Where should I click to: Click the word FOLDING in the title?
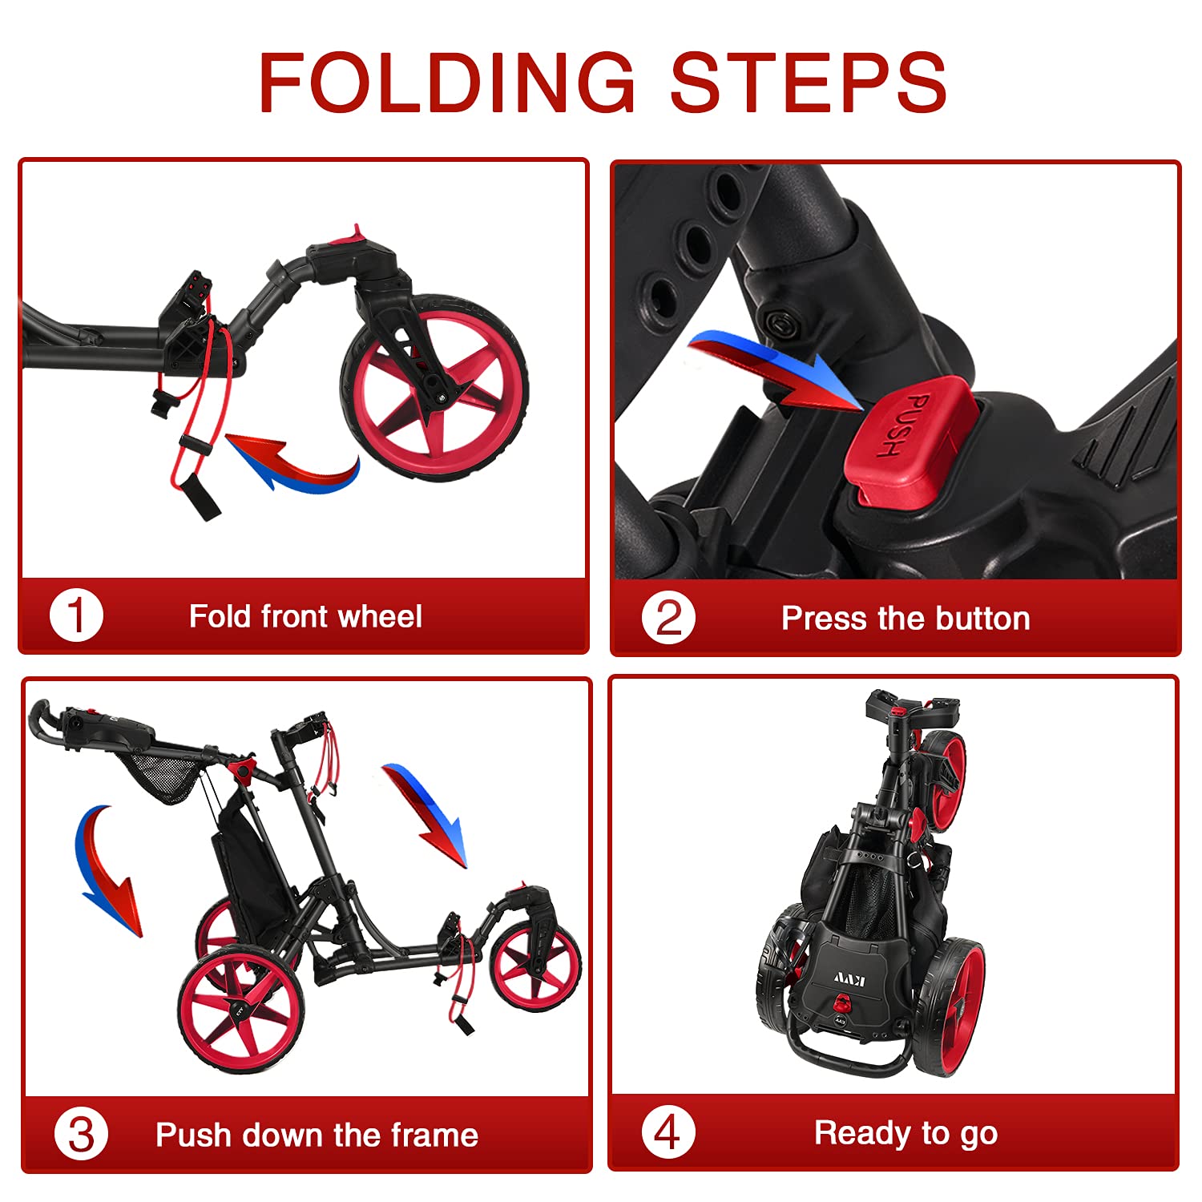(447, 82)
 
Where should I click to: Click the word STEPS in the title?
(809, 82)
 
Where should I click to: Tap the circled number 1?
(77, 616)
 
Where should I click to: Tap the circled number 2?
(668, 618)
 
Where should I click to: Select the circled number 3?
(81, 1135)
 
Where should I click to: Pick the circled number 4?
(668, 1132)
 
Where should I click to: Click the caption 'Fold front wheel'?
(305, 616)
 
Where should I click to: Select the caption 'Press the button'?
(906, 619)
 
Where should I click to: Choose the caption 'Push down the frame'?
(317, 1135)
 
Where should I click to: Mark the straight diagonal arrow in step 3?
(425, 816)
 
